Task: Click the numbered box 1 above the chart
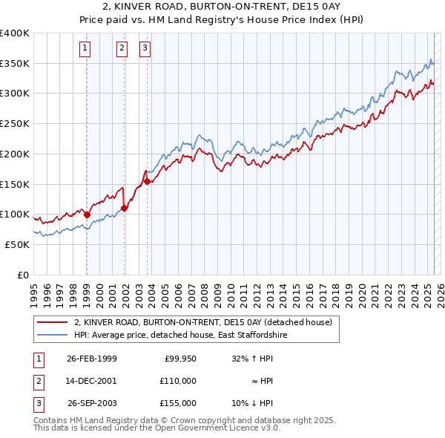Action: point(85,49)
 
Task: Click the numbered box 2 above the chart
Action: point(122,49)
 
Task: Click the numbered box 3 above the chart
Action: point(145,49)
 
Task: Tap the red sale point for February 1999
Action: point(87,215)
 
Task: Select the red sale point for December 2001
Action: point(124,208)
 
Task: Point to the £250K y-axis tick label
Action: point(14,124)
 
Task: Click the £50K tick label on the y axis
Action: point(17,244)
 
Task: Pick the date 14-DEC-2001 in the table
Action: point(91,381)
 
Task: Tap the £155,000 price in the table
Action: point(177,403)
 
